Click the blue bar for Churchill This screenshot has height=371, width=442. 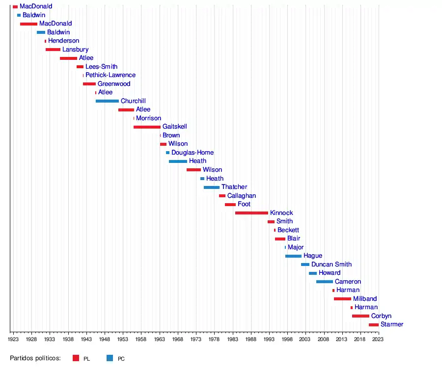click(x=107, y=101)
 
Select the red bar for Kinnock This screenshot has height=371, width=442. click(x=251, y=213)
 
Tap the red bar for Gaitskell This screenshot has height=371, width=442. click(x=147, y=127)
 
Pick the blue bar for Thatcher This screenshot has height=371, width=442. click(x=212, y=187)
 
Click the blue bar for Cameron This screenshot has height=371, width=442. click(x=324, y=282)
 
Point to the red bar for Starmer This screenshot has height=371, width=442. click(x=373, y=325)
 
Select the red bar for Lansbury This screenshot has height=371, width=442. click(x=53, y=50)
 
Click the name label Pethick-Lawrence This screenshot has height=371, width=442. click(x=110, y=75)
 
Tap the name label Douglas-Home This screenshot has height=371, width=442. click(x=193, y=153)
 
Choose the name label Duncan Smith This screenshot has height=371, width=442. click(x=331, y=265)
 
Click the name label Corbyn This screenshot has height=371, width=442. click(x=381, y=316)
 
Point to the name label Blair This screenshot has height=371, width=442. click(x=294, y=238)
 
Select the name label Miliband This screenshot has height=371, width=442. click(x=365, y=299)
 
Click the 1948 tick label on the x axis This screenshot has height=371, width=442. click(x=104, y=339)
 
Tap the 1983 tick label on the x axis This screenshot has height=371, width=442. click(x=232, y=339)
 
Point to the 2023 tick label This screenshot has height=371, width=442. click(x=378, y=339)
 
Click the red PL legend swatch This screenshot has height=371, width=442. click(x=76, y=358)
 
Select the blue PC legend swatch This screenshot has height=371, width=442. click(x=110, y=358)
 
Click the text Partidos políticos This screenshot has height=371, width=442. click(x=35, y=358)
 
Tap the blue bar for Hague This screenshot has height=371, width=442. click(x=293, y=256)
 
